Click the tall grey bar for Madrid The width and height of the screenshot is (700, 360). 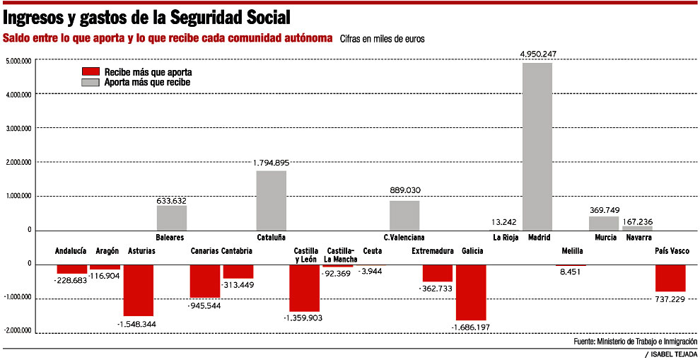click(537, 146)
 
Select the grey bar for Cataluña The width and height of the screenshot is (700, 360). click(271, 200)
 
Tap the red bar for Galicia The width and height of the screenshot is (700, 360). click(471, 292)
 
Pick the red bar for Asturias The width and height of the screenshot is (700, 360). click(139, 290)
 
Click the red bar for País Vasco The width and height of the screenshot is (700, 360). click(670, 278)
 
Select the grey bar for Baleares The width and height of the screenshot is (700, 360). click(172, 217)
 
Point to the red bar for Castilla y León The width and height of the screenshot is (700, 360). click(304, 288)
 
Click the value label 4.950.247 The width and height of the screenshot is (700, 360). click(539, 54)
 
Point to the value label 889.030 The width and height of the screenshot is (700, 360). click(405, 190)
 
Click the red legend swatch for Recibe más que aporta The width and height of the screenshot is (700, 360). click(91, 72)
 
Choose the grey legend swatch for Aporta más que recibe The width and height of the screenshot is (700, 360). click(91, 82)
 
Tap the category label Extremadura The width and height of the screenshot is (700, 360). click(432, 251)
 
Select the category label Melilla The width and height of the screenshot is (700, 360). click(572, 251)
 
